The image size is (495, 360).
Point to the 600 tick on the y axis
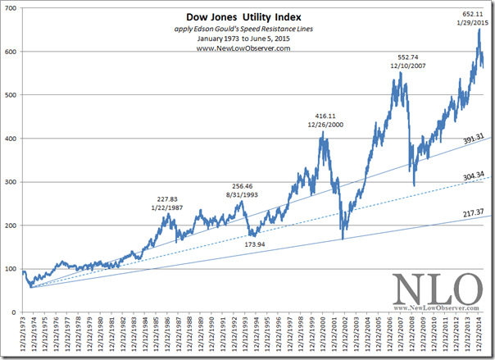[13, 52]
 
